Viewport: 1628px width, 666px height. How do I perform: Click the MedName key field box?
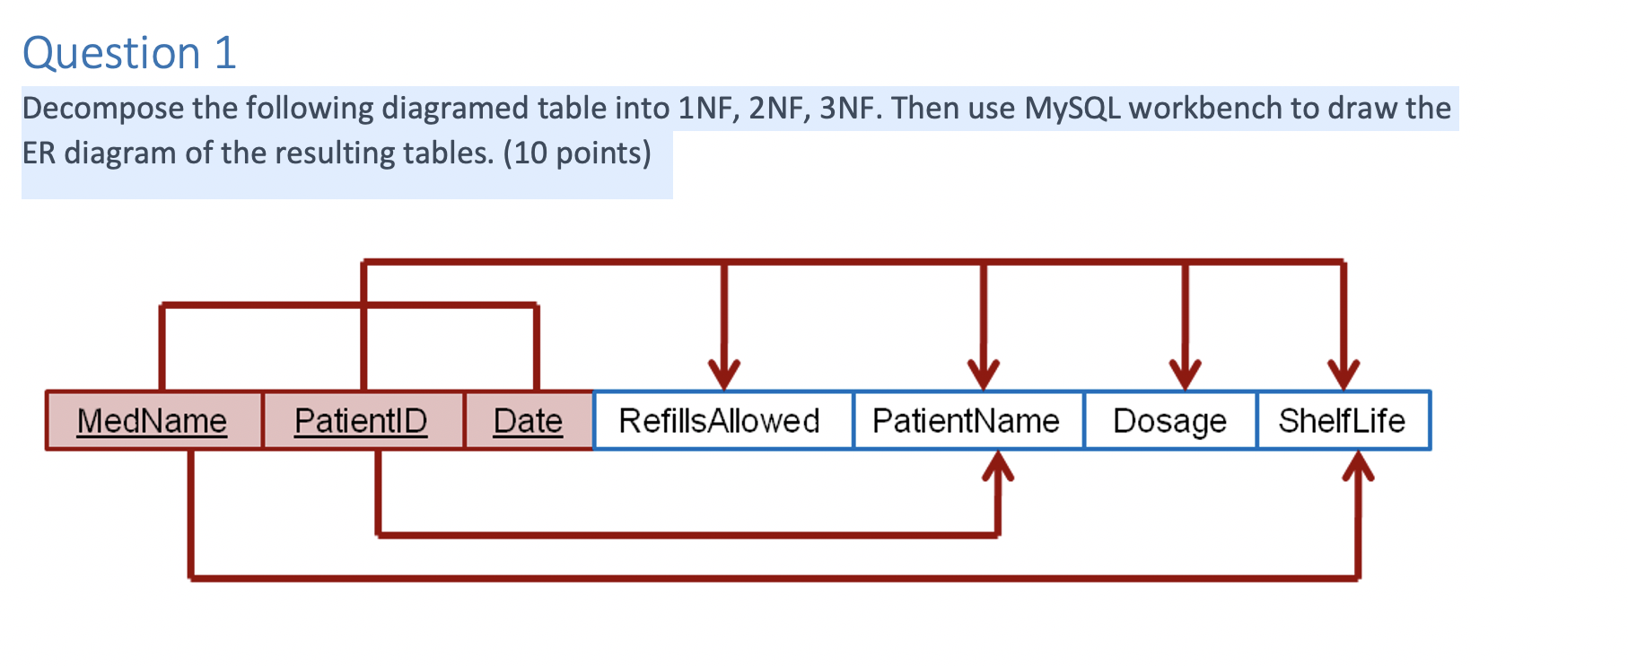153,420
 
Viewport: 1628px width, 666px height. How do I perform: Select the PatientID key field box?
362,420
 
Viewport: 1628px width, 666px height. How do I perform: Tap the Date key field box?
528,420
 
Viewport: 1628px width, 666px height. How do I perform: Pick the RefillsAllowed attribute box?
721,420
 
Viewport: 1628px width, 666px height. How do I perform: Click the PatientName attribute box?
967,420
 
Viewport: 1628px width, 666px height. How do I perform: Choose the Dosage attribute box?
1169,420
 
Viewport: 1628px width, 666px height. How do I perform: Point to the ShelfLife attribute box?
1342,420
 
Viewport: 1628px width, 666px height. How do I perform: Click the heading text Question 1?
129,53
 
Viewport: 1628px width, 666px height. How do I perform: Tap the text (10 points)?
577,153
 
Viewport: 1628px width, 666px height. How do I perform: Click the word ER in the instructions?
39,153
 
